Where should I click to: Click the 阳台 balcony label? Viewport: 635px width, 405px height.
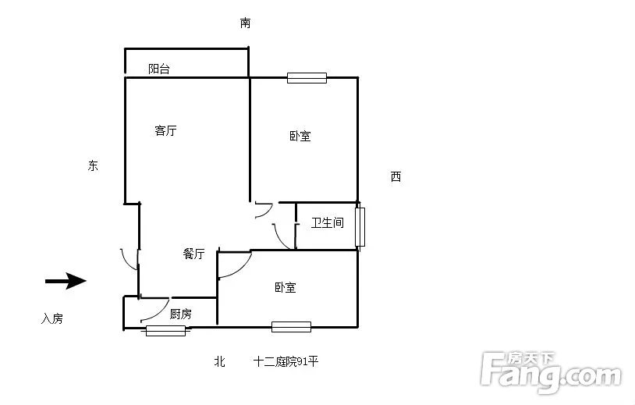pos(159,69)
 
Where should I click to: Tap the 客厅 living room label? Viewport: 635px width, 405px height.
pos(165,130)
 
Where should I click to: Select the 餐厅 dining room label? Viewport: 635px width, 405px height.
pos(193,254)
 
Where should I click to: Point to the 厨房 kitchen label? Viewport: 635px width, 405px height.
pos(181,314)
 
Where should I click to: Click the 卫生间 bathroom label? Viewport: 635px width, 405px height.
pos(327,222)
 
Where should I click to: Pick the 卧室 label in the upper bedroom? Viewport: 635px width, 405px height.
pos(300,136)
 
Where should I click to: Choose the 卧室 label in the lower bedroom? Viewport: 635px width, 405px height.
pos(286,287)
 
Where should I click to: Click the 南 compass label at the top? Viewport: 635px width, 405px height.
pos(246,23)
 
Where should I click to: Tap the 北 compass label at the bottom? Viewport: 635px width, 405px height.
pos(219,361)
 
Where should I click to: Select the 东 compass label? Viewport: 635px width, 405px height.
pos(93,165)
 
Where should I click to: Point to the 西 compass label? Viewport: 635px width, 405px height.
pos(396,176)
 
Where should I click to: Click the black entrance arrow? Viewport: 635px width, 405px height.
pos(66,281)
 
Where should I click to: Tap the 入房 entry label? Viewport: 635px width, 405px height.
pos(52,318)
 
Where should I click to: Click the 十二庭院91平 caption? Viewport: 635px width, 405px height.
pos(286,361)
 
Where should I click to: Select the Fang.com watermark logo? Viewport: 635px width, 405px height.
pos(552,372)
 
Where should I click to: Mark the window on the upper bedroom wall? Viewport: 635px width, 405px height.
pos(307,78)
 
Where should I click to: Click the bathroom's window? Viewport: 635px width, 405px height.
pos(360,227)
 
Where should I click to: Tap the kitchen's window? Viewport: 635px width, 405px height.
pos(165,331)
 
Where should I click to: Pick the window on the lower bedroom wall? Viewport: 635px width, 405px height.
pos(291,327)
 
